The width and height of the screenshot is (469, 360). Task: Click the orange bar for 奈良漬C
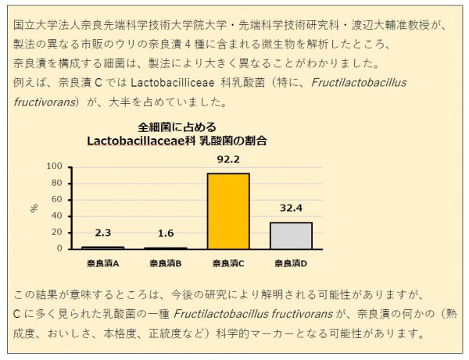pos(227,211)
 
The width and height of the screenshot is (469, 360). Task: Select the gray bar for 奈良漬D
pos(291,235)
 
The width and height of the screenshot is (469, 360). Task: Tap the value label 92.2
pos(227,160)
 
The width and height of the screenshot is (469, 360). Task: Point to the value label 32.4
pos(291,209)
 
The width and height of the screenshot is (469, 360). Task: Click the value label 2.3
pos(102,233)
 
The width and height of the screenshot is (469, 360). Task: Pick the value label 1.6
pos(165,233)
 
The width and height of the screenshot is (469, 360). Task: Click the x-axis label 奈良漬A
pos(102,263)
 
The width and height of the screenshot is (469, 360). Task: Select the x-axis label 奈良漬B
pos(165,263)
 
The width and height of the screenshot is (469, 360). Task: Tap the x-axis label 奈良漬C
pos(227,263)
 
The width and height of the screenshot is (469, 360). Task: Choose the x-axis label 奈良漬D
pos(291,263)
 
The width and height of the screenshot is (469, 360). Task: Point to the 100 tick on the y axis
pos(55,166)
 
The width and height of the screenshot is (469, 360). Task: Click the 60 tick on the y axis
pos(57,199)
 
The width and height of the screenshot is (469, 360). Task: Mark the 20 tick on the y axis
pos(57,233)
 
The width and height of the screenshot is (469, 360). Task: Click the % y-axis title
pos(34,208)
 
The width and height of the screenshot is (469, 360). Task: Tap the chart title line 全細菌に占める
pos(177,127)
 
